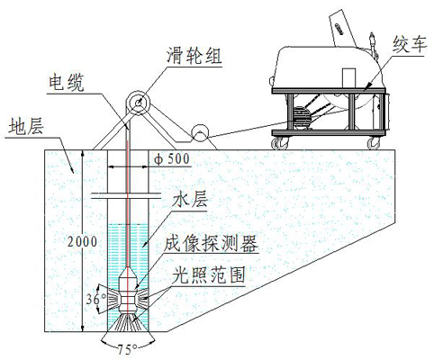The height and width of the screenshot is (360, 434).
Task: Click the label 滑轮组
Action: (194, 56)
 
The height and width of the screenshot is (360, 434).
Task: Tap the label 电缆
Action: (67, 82)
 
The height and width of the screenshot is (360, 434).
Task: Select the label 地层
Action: (26, 126)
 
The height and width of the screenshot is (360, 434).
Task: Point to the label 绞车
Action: (409, 44)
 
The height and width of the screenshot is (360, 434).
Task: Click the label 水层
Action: (189, 199)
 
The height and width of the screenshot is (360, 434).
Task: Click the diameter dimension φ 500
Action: (172, 159)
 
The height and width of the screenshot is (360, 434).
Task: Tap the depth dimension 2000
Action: (82, 242)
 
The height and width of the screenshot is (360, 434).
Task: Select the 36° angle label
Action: (95, 299)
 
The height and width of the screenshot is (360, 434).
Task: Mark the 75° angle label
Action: (128, 349)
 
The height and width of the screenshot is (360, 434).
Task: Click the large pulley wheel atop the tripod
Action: (138, 103)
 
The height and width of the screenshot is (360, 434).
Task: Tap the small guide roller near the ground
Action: (200, 133)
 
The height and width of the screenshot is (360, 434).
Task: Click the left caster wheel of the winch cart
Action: (280, 143)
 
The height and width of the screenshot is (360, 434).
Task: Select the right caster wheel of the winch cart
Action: (375, 143)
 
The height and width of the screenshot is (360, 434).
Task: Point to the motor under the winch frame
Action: (302, 118)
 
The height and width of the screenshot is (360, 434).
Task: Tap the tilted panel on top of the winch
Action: (343, 29)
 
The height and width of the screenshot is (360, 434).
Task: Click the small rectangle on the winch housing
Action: (348, 78)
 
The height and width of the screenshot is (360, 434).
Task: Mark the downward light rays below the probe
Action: (129, 322)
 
